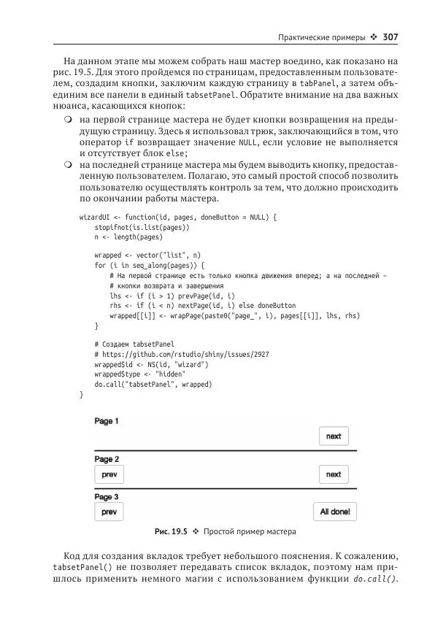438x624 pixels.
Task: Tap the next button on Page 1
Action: point(334,436)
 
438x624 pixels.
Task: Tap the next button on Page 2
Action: point(334,474)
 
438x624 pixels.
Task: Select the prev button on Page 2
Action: point(109,474)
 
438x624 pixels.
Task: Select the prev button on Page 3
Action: point(109,512)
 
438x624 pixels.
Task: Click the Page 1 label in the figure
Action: point(107,422)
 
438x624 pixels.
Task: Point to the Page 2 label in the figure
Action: point(107,459)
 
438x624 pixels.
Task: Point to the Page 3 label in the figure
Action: point(107,497)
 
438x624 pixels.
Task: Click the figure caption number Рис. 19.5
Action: point(171,531)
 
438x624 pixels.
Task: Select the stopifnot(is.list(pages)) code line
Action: point(142,228)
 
